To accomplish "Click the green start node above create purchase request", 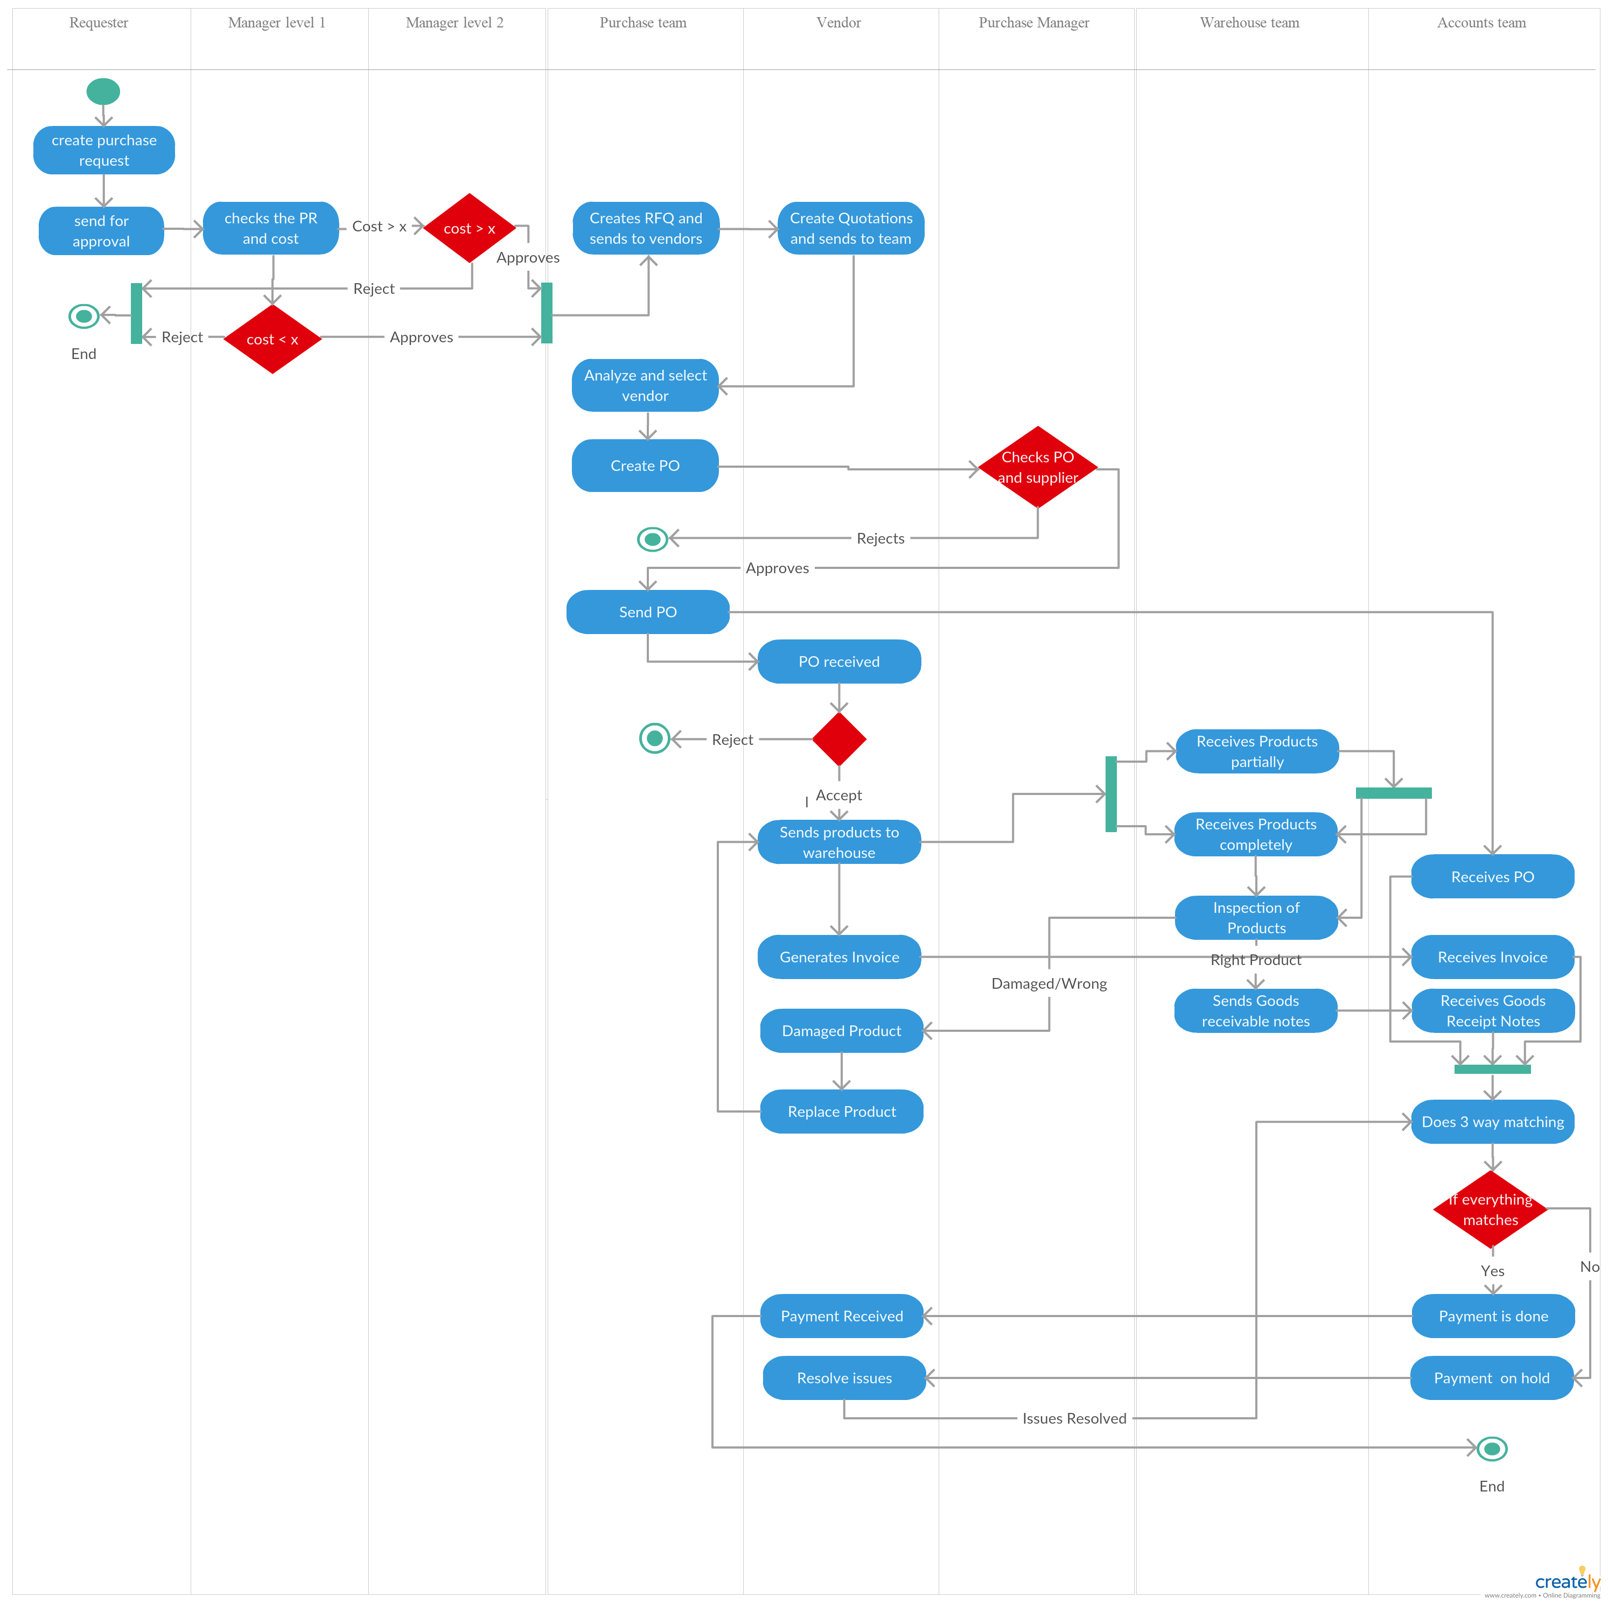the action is pyautogui.click(x=103, y=92).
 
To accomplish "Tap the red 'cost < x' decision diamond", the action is pyautogui.click(x=272, y=339).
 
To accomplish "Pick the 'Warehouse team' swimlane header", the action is pyautogui.click(x=1249, y=23).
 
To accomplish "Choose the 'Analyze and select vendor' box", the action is pyautogui.click(x=645, y=385).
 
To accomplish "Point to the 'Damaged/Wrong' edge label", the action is pyautogui.click(x=1048, y=983).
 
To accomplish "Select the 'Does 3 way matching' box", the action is pyautogui.click(x=1492, y=1122).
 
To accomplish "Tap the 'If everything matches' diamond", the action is pyautogui.click(x=1491, y=1209).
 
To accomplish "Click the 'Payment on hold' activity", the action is pyautogui.click(x=1492, y=1378).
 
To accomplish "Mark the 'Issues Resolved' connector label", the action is pyautogui.click(x=1074, y=1418).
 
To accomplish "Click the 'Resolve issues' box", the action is pyautogui.click(x=844, y=1378).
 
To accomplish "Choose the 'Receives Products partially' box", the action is pyautogui.click(x=1257, y=751).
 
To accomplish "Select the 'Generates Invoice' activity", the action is pyautogui.click(x=839, y=956).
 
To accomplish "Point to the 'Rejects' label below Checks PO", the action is pyautogui.click(x=880, y=538).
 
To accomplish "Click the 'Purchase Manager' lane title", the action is pyautogui.click(x=1034, y=23).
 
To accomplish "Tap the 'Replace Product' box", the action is pyautogui.click(x=842, y=1111).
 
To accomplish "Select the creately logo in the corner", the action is pyautogui.click(x=1567, y=1581).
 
